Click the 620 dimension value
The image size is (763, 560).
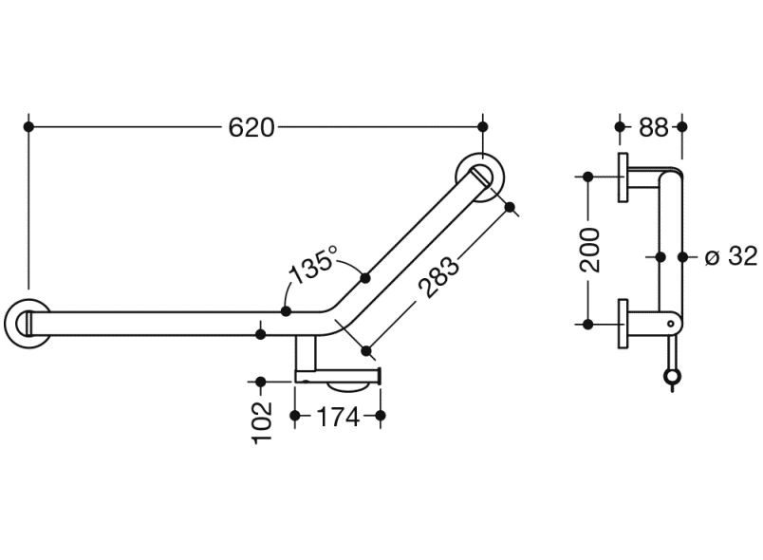point(251,126)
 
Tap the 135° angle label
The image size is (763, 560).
point(313,267)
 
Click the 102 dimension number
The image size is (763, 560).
point(264,421)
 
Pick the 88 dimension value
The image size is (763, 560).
point(653,126)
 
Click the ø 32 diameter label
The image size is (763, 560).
point(732,256)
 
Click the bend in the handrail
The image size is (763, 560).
point(334,318)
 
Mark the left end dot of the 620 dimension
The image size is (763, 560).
point(29,125)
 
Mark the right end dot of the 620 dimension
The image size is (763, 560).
point(483,125)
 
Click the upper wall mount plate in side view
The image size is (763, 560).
point(623,177)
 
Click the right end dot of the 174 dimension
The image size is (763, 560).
point(381,415)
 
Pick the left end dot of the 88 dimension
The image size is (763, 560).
point(622,125)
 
